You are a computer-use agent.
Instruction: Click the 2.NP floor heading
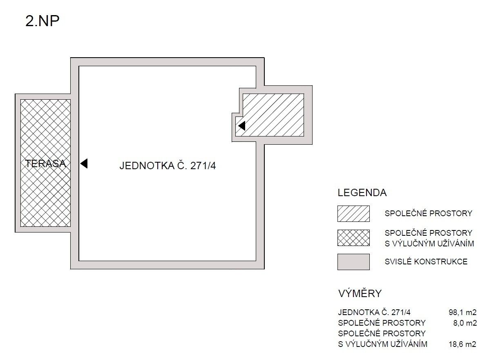pyautogui.click(x=42, y=21)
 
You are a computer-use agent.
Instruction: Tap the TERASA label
pyautogui.click(x=46, y=164)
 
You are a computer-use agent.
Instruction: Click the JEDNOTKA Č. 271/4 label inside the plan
pyautogui.click(x=168, y=166)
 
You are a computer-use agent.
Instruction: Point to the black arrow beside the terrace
pyautogui.click(x=84, y=163)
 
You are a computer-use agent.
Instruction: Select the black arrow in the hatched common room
pyautogui.click(x=241, y=126)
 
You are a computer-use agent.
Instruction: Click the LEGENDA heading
pyautogui.click(x=362, y=192)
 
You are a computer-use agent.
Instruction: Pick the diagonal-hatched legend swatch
pyautogui.click(x=353, y=214)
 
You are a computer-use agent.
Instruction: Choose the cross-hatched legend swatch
pyautogui.click(x=353, y=238)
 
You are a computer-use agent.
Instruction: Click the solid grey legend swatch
pyautogui.click(x=353, y=262)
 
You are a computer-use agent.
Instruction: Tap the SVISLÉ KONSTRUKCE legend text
pyautogui.click(x=426, y=262)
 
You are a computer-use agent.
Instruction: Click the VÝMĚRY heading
pyautogui.click(x=360, y=293)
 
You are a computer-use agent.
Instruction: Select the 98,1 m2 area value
pyautogui.click(x=462, y=313)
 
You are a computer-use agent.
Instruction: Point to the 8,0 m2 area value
pyautogui.click(x=465, y=323)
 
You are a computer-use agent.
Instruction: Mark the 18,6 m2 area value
pyautogui.click(x=462, y=344)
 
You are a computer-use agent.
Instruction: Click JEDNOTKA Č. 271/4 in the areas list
pyautogui.click(x=374, y=313)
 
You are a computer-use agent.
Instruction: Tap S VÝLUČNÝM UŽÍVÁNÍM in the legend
pyautogui.click(x=429, y=244)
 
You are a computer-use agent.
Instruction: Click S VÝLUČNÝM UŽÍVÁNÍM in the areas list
pyautogui.click(x=383, y=344)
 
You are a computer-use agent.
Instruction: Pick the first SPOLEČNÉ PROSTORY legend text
pyautogui.click(x=428, y=213)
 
